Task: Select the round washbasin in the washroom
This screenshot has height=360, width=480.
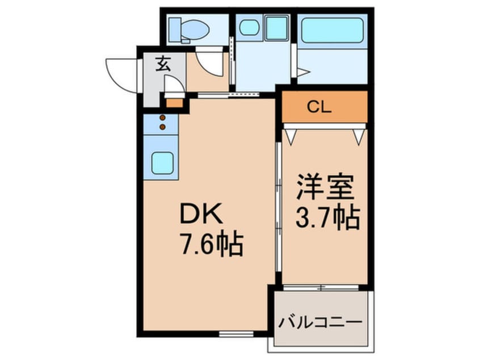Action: pos(248,27)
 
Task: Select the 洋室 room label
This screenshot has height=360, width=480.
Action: pos(325,189)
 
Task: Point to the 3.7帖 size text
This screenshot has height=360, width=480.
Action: pos(328,217)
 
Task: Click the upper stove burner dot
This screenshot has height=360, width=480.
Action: pos(163,118)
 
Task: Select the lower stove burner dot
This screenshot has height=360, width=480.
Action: pos(163,127)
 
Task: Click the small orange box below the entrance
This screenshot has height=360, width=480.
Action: pos(175,103)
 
